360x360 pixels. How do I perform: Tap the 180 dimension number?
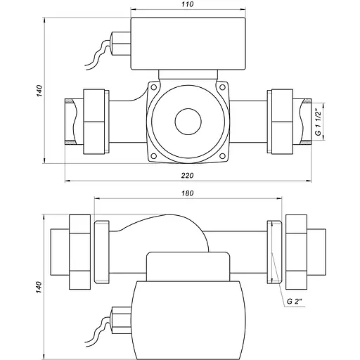pos(186,192)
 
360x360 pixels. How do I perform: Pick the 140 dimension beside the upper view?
pos(41,91)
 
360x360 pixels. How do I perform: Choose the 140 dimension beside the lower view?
pos(41,287)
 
